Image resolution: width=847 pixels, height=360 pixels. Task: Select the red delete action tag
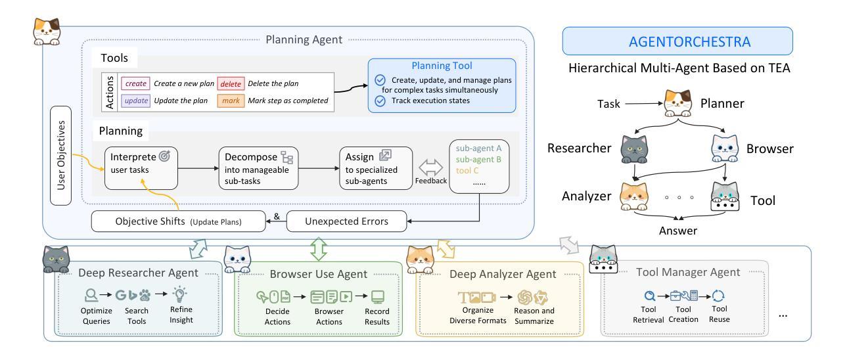pyautogui.click(x=230, y=83)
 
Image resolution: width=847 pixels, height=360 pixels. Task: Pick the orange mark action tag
pyautogui.click(x=230, y=102)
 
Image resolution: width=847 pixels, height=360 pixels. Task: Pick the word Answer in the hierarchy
pyautogui.click(x=677, y=230)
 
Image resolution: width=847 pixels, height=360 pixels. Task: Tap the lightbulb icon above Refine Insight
pyautogui.click(x=178, y=295)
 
